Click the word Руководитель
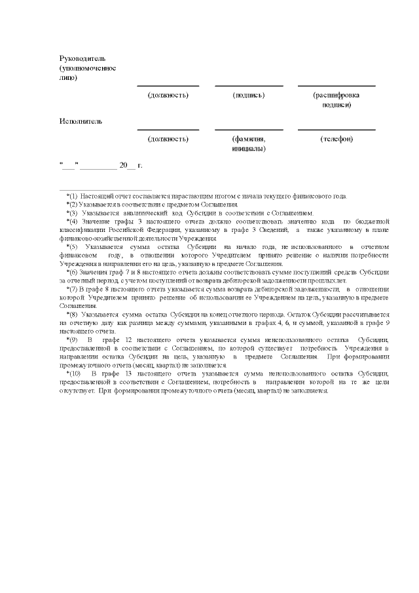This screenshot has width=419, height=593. (82, 58)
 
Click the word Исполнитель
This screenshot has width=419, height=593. (81, 121)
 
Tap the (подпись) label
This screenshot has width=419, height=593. (249, 95)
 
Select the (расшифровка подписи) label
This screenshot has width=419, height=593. (337, 100)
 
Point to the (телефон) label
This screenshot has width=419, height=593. (337, 139)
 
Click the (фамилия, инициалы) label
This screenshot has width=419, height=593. (249, 143)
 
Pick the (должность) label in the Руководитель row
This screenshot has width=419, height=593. (168, 95)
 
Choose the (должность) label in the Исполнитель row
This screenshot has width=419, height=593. (168, 139)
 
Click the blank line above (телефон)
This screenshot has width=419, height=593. (337, 130)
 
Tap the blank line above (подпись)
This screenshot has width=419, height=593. (249, 86)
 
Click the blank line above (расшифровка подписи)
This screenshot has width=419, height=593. (337, 86)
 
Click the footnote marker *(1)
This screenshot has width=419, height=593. (72, 196)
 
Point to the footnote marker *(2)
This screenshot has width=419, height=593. (72, 204)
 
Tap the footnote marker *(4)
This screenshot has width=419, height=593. (72, 221)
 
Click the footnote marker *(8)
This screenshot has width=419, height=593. (72, 315)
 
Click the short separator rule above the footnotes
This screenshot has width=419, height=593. (105, 189)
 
